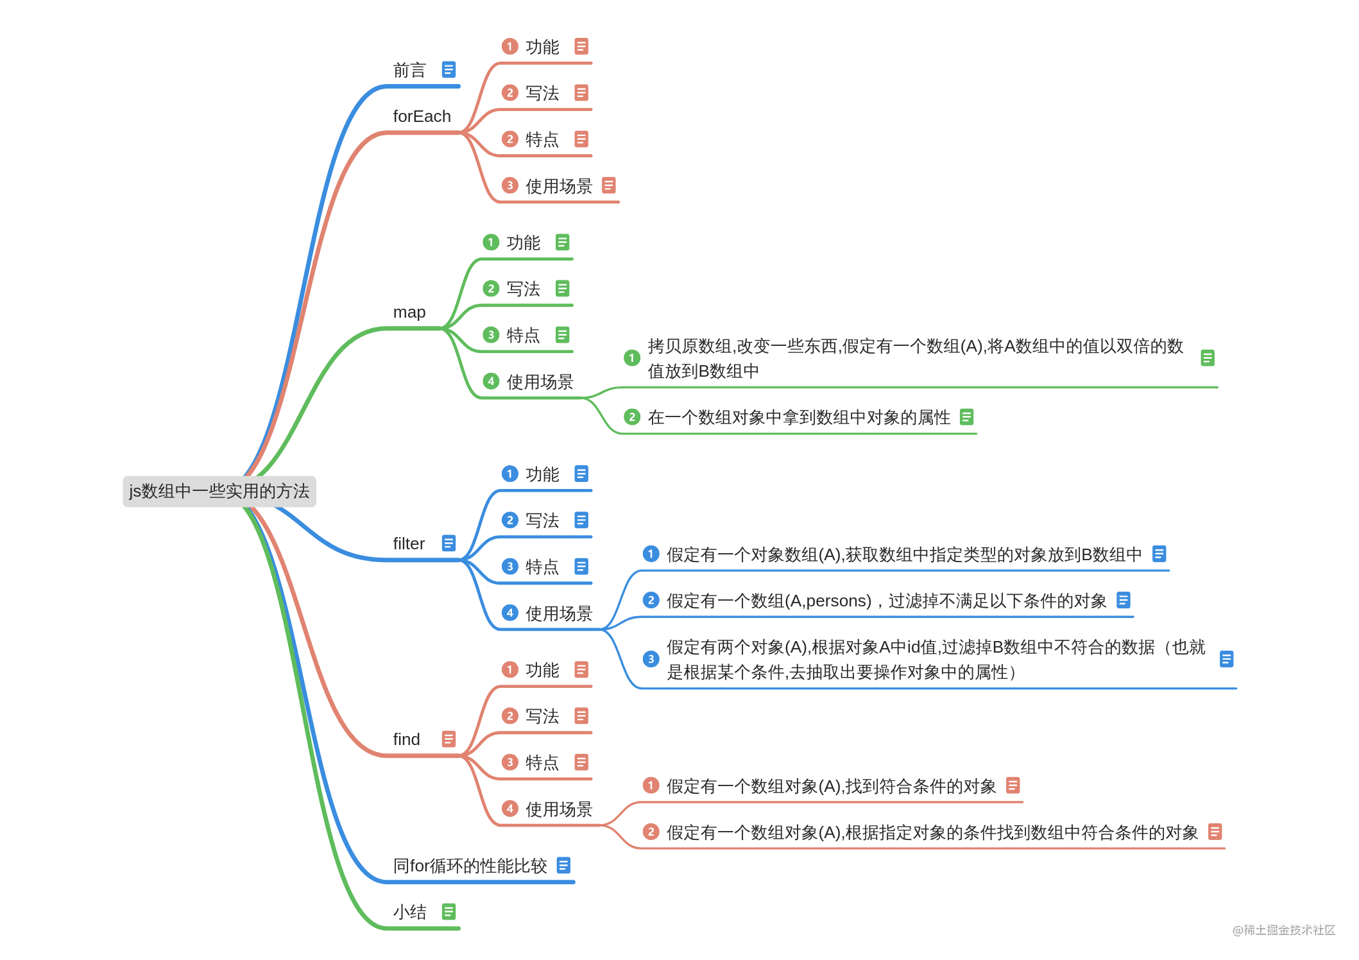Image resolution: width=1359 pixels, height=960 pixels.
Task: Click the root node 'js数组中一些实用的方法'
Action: point(219,491)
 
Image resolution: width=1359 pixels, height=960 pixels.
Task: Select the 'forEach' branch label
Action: point(422,116)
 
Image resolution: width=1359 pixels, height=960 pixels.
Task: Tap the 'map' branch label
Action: point(409,312)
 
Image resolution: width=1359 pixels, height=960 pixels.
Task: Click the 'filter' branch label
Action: point(409,544)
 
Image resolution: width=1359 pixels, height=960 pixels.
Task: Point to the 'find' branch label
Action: point(406,739)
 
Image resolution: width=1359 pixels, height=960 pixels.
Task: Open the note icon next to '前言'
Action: point(449,69)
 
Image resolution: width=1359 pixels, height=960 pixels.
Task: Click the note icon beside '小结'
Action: point(449,911)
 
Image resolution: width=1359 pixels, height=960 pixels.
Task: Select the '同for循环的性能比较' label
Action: point(470,866)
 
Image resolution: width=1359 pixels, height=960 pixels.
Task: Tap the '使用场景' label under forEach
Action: point(558,186)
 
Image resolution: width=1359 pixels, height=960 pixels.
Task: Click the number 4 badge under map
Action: point(491,381)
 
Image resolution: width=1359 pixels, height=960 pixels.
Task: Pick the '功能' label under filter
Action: point(542,474)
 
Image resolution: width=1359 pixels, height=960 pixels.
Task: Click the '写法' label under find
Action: point(542,716)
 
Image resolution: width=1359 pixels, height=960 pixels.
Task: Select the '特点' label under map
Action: point(523,335)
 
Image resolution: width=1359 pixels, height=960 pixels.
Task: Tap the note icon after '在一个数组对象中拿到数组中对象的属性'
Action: point(966,417)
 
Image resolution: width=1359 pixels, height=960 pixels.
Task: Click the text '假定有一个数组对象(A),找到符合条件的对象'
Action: point(831,786)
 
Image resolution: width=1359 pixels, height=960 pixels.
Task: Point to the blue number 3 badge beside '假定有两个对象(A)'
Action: point(651,659)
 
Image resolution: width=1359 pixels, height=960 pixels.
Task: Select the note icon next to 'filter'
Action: point(449,543)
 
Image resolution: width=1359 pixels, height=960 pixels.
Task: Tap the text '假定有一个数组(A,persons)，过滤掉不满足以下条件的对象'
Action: point(886,601)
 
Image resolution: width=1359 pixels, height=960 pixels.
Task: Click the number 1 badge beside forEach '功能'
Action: point(509,46)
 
